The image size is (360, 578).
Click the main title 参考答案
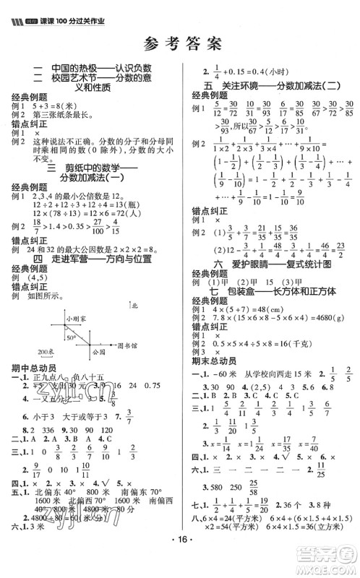[x=181, y=43]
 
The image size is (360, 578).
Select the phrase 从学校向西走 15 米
[x=275, y=375]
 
